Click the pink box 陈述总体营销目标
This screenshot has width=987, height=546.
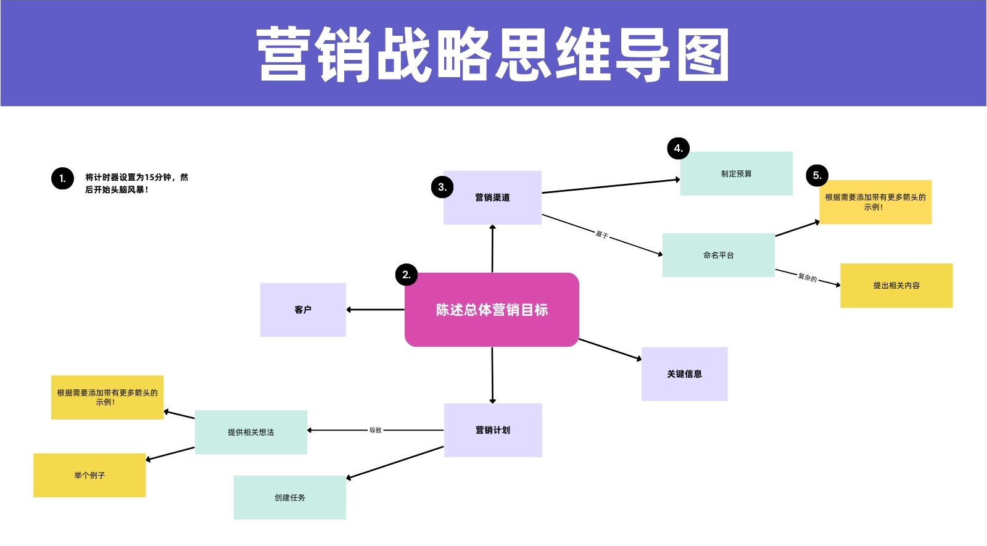point(492,310)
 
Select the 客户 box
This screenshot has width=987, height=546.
point(303,310)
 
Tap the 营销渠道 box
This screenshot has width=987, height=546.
point(493,197)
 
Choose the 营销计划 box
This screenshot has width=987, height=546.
point(493,430)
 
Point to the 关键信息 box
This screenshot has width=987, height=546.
point(684,374)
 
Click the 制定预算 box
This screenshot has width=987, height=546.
point(737,173)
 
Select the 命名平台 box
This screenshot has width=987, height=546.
point(719,255)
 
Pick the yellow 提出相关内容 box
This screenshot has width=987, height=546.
point(897,286)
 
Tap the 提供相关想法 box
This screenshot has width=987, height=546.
point(251,432)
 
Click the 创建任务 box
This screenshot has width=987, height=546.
point(290,497)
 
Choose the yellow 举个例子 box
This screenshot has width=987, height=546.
point(89,476)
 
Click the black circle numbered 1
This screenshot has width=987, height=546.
point(62,178)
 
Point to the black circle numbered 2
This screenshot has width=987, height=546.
point(407,275)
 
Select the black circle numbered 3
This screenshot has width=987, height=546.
point(442,188)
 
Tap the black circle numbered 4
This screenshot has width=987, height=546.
point(679,148)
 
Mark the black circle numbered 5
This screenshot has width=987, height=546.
point(817,175)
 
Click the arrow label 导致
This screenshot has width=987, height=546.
point(376,430)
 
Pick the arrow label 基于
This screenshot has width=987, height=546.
point(602,234)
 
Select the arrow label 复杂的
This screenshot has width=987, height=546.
point(807,278)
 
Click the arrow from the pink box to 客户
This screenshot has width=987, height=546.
point(376,310)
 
